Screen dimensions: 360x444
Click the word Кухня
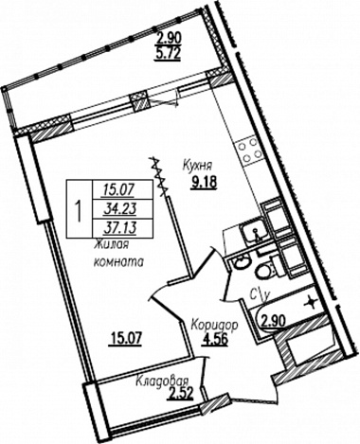tap(198, 165)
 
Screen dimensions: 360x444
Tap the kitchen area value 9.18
tap(204, 183)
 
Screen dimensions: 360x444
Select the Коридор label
tap(215, 326)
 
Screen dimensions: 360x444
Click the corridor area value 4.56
tap(215, 340)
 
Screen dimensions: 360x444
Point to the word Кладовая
tap(162, 382)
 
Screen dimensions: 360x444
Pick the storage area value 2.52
tap(181, 394)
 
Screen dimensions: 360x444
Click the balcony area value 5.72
tap(168, 53)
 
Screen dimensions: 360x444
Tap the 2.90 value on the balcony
tap(169, 39)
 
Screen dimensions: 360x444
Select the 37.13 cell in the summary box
tap(120, 228)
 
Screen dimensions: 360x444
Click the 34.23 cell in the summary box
tap(120, 208)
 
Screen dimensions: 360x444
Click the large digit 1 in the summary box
tap(79, 209)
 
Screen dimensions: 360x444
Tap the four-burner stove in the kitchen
tap(248, 149)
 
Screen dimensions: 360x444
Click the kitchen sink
tap(255, 232)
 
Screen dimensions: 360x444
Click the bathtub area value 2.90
tap(273, 321)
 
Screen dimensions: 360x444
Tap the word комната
tap(118, 262)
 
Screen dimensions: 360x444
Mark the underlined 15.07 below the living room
tap(125, 340)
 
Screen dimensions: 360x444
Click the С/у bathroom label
tap(260, 295)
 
